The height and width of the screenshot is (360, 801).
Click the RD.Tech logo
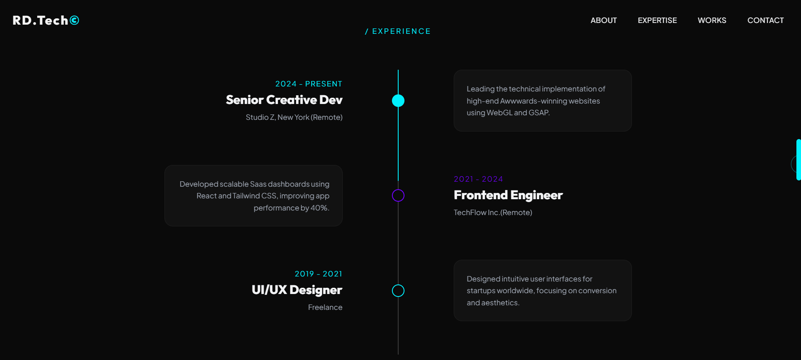(x=46, y=20)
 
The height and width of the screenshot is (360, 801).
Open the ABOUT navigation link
(x=604, y=20)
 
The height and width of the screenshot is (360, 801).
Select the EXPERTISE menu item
(x=657, y=20)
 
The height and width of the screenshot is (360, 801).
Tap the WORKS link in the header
(x=712, y=20)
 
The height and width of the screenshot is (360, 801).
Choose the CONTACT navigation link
(x=766, y=20)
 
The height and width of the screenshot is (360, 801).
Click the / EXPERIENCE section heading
(x=398, y=31)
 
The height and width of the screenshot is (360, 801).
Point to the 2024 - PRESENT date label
(x=308, y=84)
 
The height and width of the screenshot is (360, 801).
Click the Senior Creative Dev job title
(x=284, y=100)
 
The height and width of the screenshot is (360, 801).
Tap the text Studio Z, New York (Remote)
(x=294, y=117)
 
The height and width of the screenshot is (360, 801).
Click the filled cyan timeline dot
(x=398, y=101)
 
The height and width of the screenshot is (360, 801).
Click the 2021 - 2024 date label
(x=478, y=179)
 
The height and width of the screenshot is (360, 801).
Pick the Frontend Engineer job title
(x=508, y=195)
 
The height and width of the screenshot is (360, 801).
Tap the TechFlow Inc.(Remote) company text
(x=493, y=213)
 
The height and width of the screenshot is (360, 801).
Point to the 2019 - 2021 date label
(x=318, y=274)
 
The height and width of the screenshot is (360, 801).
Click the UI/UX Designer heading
(x=297, y=290)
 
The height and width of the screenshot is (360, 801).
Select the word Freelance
(x=325, y=307)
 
